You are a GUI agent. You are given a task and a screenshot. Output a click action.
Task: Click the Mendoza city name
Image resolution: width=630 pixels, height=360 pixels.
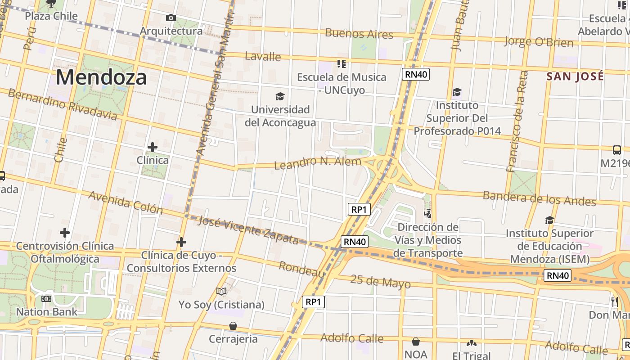101,77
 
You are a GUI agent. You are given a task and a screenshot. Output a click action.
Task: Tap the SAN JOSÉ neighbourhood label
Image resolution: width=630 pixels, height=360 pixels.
575,76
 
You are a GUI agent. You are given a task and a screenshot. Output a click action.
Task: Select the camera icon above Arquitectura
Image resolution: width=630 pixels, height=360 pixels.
171,18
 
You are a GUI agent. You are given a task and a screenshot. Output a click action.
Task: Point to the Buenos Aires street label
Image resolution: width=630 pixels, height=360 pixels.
359,34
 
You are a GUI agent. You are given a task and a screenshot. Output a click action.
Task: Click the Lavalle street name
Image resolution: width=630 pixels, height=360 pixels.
263,57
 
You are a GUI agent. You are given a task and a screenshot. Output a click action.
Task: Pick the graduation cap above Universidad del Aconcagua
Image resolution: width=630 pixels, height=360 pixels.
280,96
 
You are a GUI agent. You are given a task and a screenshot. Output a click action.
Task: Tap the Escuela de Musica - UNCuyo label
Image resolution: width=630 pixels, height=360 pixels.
342,83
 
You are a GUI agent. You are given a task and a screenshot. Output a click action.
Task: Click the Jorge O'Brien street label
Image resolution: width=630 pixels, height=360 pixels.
539,42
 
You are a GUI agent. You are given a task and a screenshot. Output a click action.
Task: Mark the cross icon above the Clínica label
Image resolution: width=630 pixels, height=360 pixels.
153,147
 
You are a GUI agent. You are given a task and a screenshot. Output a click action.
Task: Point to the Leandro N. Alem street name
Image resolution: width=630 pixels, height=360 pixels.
318,162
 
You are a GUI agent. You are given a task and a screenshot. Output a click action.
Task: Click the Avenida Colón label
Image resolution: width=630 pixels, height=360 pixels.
126,202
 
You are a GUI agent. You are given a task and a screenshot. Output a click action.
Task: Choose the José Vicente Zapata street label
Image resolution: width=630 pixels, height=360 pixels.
248,230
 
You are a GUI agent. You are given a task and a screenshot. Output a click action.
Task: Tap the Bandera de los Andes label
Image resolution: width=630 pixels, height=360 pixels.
539,198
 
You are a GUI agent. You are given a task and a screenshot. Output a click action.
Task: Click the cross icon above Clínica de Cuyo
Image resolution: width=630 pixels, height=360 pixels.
181,243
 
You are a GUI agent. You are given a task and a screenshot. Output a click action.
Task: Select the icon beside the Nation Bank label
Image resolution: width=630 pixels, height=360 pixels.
46,299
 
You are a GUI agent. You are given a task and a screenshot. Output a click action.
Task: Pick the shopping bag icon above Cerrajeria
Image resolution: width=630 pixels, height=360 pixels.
233,325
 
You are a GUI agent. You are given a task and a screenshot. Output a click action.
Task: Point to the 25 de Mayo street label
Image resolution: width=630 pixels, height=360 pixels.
380,282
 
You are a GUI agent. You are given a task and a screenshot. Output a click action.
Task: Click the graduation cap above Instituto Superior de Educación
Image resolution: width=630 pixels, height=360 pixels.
549,220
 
